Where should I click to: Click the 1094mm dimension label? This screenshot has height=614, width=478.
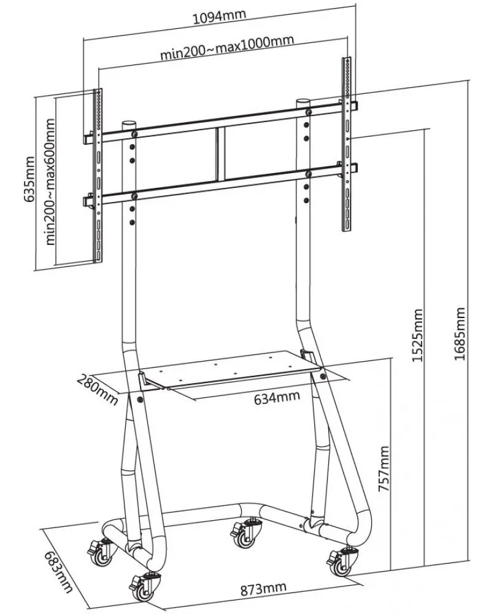pyautogui.click(x=217, y=17)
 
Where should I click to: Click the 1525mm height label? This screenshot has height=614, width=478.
pyautogui.click(x=418, y=335)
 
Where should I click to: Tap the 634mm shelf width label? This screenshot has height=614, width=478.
pyautogui.click(x=277, y=397)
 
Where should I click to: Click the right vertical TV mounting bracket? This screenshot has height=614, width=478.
pyautogui.click(x=347, y=144)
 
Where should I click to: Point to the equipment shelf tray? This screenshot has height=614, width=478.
pyautogui.click(x=233, y=368)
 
